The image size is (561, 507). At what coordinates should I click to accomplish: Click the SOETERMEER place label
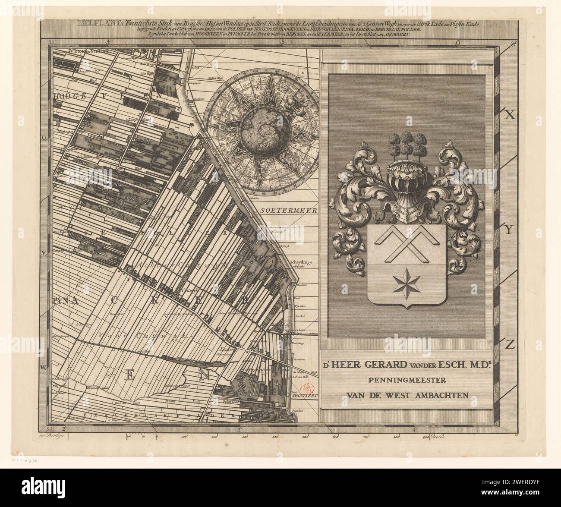(289, 211)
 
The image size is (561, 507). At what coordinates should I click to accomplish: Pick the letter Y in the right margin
(508, 230)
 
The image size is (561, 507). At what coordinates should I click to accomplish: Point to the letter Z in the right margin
(510, 345)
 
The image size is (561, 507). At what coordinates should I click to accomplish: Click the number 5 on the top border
(283, 42)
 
